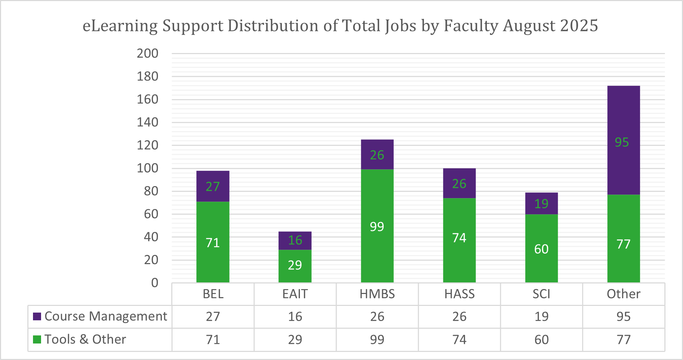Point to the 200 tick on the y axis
(147, 53)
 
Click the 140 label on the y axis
(147, 122)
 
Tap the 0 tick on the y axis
(154, 283)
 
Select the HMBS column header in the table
(377, 294)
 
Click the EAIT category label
(295, 294)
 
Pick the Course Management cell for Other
(623, 316)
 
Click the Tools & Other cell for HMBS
(377, 340)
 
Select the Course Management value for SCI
(541, 316)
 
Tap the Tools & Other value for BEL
(213, 340)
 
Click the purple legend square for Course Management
(37, 316)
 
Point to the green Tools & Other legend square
(37, 340)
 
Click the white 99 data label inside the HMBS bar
(377, 227)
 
